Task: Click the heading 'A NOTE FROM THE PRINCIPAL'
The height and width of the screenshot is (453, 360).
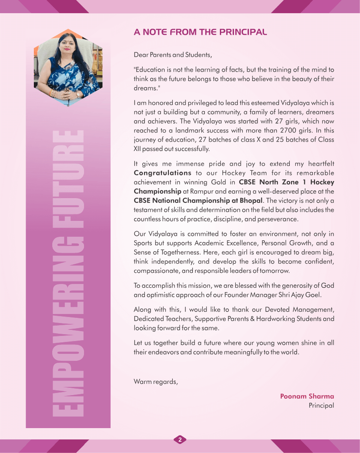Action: coord(200,32)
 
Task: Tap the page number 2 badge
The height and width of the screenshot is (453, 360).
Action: coord(180,439)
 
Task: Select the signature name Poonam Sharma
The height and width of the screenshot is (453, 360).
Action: coord(307,396)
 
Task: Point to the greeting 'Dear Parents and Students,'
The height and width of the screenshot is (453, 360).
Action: coord(173,55)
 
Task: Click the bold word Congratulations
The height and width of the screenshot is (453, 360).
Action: coord(162,173)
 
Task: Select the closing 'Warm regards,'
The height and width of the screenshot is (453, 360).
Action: coord(156,381)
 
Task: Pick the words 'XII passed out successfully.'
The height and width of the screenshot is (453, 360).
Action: coord(172,149)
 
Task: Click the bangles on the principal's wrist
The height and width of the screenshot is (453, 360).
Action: coord(54,93)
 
